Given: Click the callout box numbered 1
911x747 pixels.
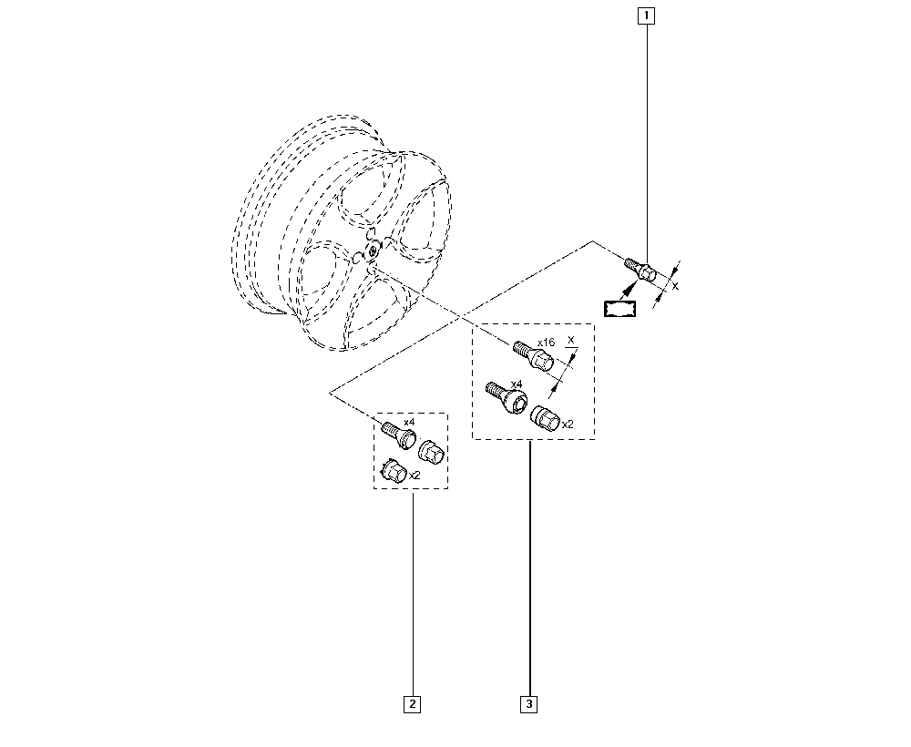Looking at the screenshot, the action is click(x=646, y=15).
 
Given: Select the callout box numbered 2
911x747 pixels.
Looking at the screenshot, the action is click(x=412, y=704).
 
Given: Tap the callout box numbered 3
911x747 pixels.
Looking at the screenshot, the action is click(x=528, y=704).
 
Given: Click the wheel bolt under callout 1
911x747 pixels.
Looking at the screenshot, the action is click(x=640, y=269).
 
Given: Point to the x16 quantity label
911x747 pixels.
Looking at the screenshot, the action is click(x=546, y=343).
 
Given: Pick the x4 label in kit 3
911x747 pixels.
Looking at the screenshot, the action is click(x=516, y=384).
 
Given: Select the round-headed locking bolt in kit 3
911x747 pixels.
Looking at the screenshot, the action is click(x=507, y=398).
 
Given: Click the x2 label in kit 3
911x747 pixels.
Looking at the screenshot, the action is click(x=568, y=425).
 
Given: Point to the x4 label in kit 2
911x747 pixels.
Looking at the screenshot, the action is click(x=409, y=421).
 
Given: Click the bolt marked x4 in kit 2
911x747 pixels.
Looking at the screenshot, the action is click(x=398, y=435).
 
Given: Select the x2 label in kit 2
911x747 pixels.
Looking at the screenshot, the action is click(x=415, y=476).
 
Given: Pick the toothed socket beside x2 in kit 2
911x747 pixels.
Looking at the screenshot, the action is click(x=394, y=470).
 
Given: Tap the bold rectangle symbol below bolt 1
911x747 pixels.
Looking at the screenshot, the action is click(x=619, y=309).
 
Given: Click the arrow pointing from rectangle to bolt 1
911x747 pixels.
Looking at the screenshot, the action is click(x=627, y=291).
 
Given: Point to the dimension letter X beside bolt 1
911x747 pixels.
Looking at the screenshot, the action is click(x=674, y=286).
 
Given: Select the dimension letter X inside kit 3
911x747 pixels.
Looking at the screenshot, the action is click(x=570, y=339).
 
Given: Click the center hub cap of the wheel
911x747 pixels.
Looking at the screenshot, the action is click(x=371, y=251).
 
